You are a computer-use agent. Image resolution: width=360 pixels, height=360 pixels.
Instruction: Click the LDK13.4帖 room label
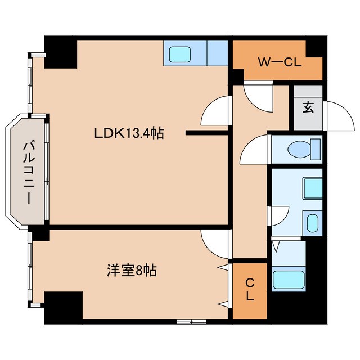[x=129, y=134]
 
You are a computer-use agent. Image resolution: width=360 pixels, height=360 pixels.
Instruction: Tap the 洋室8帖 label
[x=132, y=271]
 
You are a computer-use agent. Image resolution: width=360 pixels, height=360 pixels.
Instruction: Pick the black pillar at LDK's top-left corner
[x=61, y=54]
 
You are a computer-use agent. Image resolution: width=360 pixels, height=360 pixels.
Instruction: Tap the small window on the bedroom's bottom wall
[x=191, y=322]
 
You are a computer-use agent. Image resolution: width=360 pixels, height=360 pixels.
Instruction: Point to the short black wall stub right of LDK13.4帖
[x=206, y=133]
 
